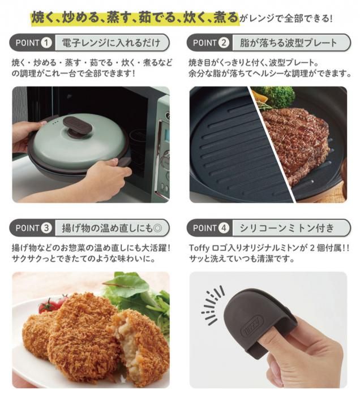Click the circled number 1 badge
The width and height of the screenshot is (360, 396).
click(x=46, y=42)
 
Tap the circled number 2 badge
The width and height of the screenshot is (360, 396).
click(x=224, y=42)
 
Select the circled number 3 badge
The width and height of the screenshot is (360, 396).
click(x=46, y=228)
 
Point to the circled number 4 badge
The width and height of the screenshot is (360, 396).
click(x=224, y=228)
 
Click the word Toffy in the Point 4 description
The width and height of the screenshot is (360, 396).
click(x=199, y=248)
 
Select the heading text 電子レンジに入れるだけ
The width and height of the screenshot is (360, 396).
click(x=112, y=42)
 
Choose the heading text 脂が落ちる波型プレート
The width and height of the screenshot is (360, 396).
click(x=289, y=42)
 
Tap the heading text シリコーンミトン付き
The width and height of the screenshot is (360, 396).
click(x=287, y=228)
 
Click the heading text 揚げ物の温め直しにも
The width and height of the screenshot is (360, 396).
click(x=108, y=228)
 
